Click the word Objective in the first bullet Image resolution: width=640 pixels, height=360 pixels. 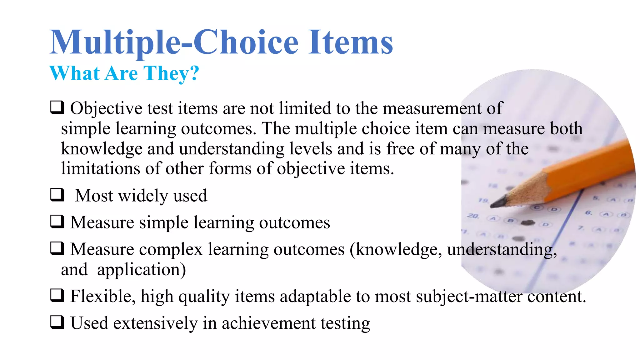pos(106,108)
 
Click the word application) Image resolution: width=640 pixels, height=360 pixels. pos(141,270)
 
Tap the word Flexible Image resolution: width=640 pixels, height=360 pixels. pos(102,296)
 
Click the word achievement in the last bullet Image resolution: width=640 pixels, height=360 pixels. pos(268,323)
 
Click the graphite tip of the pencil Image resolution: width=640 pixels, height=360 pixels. pos(497,203)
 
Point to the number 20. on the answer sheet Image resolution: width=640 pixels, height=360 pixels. pos(473,216)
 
